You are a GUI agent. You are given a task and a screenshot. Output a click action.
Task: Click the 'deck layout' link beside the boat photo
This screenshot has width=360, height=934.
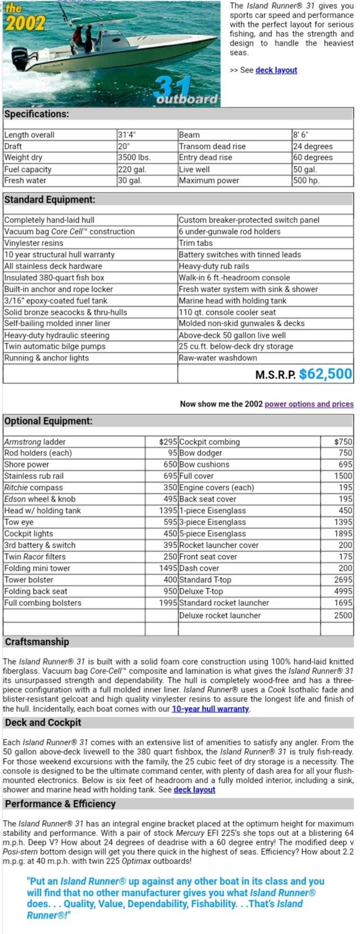pyautogui.click(x=276, y=70)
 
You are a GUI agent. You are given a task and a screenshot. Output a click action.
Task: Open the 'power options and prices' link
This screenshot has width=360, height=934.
pyautogui.click(x=309, y=404)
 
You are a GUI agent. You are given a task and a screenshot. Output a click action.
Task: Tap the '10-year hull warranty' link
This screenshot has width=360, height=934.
pyautogui.click(x=211, y=709)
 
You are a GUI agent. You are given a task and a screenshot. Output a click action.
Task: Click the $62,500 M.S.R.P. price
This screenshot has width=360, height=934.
pyautogui.click(x=325, y=374)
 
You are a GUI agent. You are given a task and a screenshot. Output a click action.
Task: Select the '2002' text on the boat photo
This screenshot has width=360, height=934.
pyautogui.click(x=23, y=23)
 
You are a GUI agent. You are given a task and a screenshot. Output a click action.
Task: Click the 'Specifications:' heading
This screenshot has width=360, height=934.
pyautogui.click(x=37, y=114)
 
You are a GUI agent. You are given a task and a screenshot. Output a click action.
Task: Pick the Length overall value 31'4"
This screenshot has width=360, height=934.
pyautogui.click(x=127, y=135)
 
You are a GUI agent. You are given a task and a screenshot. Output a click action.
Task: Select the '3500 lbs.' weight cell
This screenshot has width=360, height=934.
pyautogui.click(x=134, y=158)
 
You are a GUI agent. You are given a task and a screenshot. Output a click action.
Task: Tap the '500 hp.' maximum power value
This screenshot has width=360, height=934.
pyautogui.click(x=306, y=181)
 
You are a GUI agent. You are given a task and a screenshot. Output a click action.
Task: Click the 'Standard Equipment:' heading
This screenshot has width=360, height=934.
pyautogui.click(x=49, y=200)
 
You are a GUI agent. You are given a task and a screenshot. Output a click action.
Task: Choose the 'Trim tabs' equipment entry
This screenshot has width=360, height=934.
pyautogui.click(x=196, y=243)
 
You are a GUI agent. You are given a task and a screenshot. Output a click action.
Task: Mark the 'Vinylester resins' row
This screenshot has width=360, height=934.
pyautogui.click(x=34, y=243)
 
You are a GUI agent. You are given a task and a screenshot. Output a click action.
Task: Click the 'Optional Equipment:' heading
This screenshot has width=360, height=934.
pyautogui.click(x=48, y=421)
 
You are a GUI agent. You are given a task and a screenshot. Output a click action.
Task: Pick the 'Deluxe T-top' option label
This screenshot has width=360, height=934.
pyautogui.click(x=201, y=592)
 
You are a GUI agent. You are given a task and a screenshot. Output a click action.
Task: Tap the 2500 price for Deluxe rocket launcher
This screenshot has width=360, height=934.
pyautogui.click(x=343, y=615)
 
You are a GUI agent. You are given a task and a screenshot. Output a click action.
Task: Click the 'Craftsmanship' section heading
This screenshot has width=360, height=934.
pyautogui.click(x=37, y=642)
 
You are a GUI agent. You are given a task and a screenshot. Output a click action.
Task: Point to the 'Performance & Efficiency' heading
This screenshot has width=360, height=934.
pyautogui.click(x=60, y=804)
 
